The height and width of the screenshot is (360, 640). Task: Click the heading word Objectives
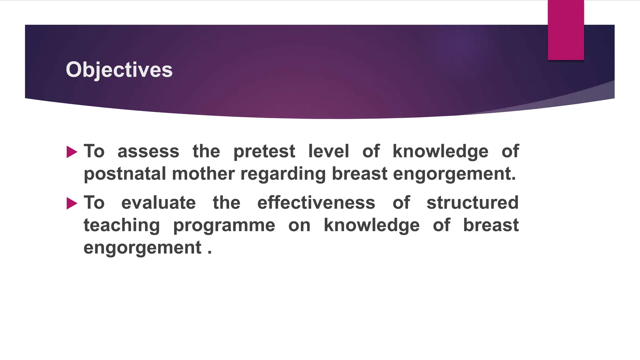[119, 70]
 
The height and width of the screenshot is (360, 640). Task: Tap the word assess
[148, 152]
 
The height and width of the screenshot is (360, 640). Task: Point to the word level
[328, 151]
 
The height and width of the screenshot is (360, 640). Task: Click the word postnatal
[125, 174]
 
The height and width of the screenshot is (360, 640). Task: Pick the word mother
[203, 174]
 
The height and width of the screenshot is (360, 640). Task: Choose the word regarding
[283, 174]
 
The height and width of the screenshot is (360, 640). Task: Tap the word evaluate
[158, 203]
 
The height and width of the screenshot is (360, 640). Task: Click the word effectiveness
[316, 203]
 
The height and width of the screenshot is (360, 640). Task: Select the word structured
[472, 203]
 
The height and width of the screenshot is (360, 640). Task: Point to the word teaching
[122, 226]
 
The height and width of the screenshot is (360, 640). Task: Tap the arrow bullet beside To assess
[72, 152]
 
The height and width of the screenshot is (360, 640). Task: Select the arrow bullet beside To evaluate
[72, 204]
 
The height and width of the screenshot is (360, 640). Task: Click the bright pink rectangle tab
[566, 30]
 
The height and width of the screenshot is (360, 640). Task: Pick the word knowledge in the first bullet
[440, 152]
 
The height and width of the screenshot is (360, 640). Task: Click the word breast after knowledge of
[491, 225]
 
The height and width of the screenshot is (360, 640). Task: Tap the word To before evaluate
[94, 203]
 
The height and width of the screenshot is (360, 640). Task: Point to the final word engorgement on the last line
[142, 248]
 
